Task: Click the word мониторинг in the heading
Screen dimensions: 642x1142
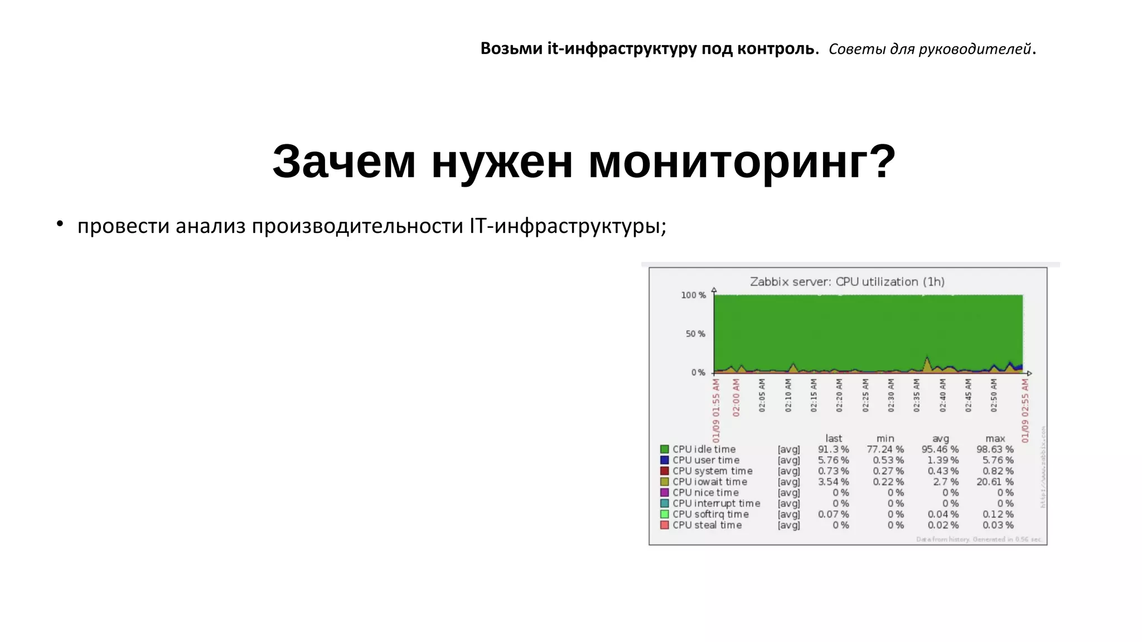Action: (x=742, y=162)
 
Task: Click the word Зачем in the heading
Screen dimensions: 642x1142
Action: (x=344, y=162)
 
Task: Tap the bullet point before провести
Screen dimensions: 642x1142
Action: (x=60, y=225)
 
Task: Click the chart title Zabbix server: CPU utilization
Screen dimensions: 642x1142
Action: (x=847, y=282)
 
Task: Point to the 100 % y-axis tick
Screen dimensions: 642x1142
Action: (x=693, y=295)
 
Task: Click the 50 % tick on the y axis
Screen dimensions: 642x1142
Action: (x=695, y=334)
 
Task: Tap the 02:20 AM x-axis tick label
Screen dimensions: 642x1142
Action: (x=839, y=396)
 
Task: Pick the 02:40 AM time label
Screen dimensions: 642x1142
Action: (x=943, y=396)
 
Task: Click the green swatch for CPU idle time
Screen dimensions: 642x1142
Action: (x=664, y=449)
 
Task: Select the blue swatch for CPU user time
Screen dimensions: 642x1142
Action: (x=664, y=460)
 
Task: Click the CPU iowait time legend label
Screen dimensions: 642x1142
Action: (x=709, y=482)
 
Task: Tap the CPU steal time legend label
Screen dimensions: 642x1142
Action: (x=707, y=526)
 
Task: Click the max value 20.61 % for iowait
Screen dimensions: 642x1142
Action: (x=995, y=482)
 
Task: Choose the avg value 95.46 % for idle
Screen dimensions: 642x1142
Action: (x=940, y=449)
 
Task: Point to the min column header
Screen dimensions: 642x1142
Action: (x=885, y=439)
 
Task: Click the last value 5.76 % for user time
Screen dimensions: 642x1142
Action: (x=833, y=460)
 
